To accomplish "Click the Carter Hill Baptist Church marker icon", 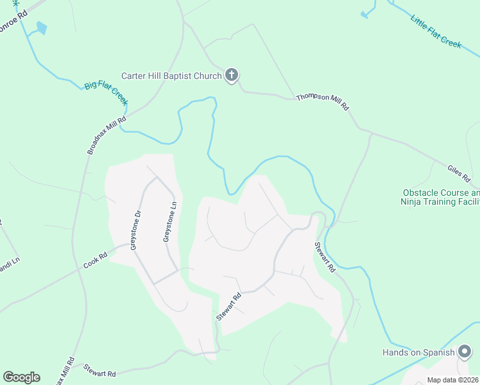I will tap(232, 76).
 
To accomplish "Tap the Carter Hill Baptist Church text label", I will tap(171, 76).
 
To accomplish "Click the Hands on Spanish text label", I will tap(418, 352).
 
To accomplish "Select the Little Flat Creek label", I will tap(436, 30).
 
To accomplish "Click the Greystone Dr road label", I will tap(135, 231).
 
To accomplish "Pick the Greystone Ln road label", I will tap(169, 221).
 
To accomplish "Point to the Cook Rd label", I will tap(95, 260).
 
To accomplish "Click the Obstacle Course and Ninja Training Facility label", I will tap(440, 197).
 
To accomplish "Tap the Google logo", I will tap(21, 377).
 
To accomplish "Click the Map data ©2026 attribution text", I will tap(453, 380).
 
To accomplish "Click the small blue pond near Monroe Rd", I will tap(42, 28).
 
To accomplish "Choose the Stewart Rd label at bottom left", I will tap(99, 370).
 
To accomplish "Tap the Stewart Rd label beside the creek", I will tap(325, 257).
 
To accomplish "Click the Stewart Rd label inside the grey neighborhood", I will tap(228, 306).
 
